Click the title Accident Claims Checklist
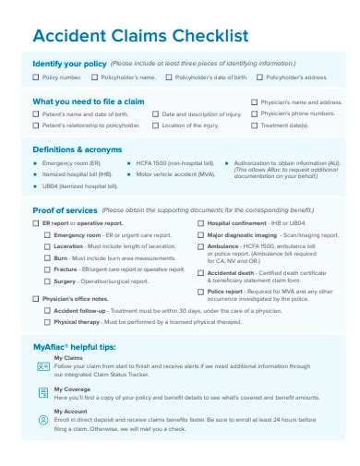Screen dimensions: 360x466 [140, 36]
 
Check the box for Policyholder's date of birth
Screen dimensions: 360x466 [169, 78]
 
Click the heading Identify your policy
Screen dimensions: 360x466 [70, 65]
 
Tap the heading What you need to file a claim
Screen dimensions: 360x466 [88, 102]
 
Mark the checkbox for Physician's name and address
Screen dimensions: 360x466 [254, 102]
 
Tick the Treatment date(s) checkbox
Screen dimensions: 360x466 [254, 125]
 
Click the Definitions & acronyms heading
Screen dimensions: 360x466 [78, 149]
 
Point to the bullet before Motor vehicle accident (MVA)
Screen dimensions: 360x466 [130, 173]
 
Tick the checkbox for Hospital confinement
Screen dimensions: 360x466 [200, 223]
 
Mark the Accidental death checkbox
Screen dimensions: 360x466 [200, 273]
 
